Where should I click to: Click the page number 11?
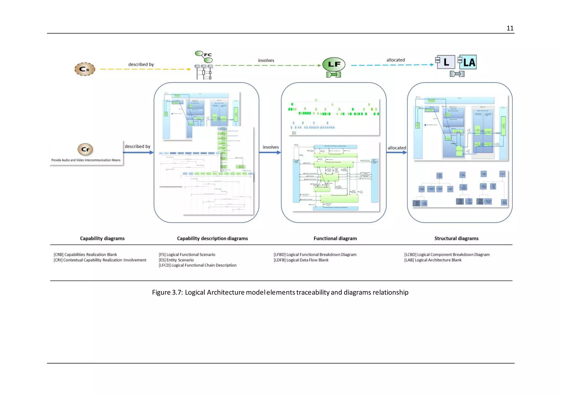[x=510, y=28]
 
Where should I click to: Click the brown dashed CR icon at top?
[x=85, y=69]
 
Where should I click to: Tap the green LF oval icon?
[x=334, y=65]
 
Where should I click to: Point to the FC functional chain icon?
[x=204, y=57]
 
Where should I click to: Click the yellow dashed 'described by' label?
[x=141, y=65]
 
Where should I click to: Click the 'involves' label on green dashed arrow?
[x=266, y=60]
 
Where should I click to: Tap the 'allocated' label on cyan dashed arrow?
[x=396, y=60]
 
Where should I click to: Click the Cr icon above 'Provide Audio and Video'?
[x=85, y=149]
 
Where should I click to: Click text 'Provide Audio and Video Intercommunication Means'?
[x=86, y=160]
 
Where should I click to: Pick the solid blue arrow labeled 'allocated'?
[x=396, y=153]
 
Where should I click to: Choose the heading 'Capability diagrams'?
[x=102, y=238]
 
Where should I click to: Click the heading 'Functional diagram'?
[x=335, y=238]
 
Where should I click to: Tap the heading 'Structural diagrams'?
[x=456, y=238]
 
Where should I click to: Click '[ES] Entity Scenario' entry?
[x=176, y=260]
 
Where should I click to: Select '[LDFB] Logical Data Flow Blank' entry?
[x=301, y=260]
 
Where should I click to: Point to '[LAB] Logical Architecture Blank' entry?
[x=433, y=260]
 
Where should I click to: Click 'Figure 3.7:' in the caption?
[x=167, y=292]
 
